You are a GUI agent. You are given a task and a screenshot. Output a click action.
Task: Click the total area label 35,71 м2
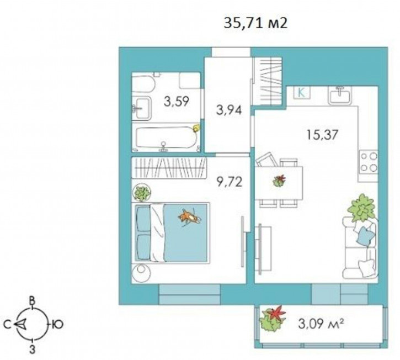[x=255, y=23]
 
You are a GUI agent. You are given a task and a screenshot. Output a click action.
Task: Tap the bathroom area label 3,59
[x=177, y=102]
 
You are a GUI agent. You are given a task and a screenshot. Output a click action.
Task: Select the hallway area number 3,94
[x=229, y=110]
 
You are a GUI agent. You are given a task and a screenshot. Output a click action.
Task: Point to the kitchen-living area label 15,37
[x=322, y=135]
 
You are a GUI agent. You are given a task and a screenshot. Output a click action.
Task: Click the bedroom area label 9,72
[x=230, y=182]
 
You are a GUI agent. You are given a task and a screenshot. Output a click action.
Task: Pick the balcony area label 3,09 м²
[x=320, y=324]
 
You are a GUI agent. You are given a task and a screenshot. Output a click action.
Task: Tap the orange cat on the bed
[x=190, y=217]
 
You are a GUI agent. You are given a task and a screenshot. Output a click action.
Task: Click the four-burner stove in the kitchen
[x=369, y=162]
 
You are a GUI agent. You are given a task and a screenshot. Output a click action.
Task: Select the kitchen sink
[x=340, y=95]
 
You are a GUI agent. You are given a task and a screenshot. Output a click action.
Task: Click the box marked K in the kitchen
[x=301, y=93]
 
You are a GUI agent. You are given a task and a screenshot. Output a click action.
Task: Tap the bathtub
[x=166, y=138]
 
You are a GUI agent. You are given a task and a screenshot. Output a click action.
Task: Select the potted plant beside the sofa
[x=362, y=208]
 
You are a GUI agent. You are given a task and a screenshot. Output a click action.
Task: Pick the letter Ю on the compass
[x=58, y=325]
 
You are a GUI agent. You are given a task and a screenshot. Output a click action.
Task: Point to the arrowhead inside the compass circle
[x=20, y=324]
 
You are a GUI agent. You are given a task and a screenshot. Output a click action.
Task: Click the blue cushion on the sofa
[x=366, y=235]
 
